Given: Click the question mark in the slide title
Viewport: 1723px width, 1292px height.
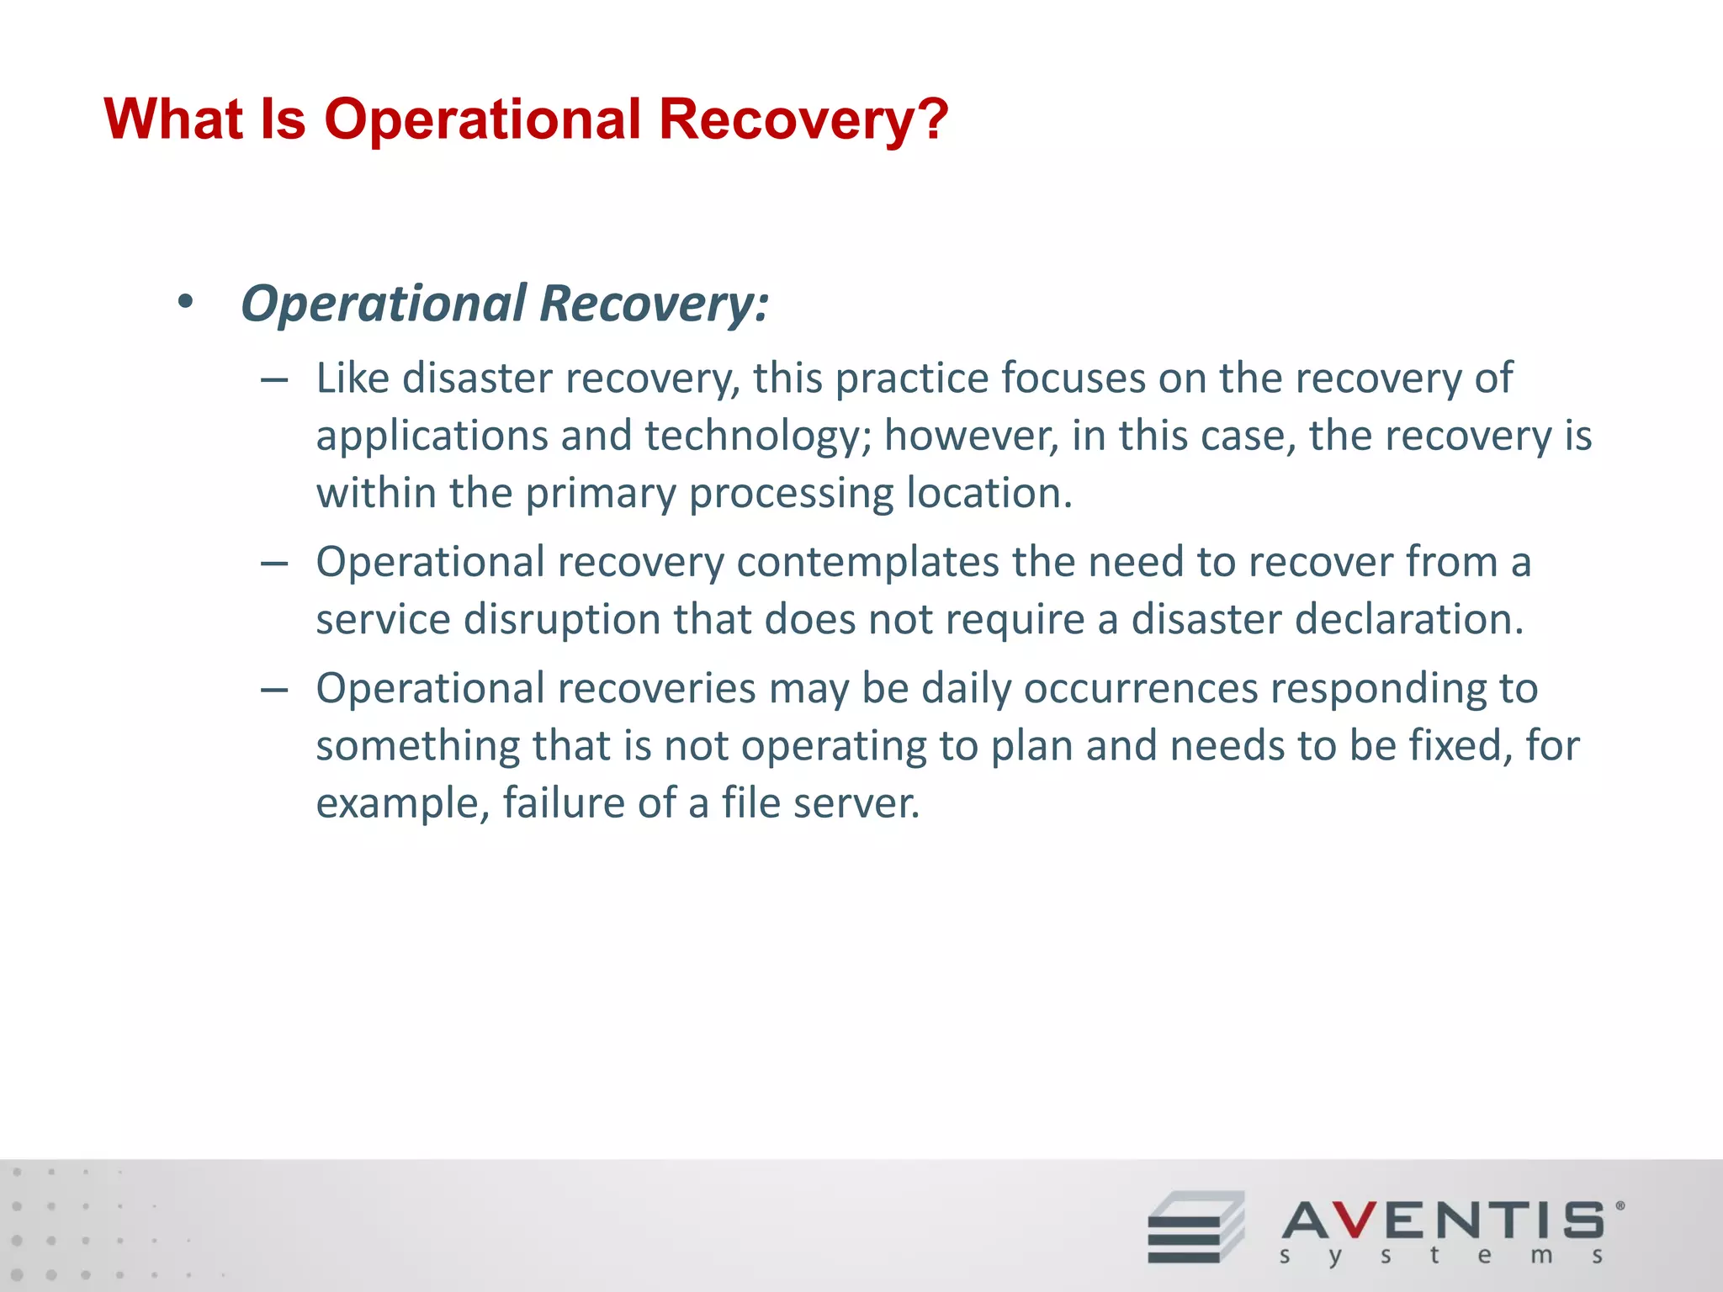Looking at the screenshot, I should (x=931, y=119).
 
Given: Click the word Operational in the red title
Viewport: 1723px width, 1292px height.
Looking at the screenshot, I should (x=483, y=119).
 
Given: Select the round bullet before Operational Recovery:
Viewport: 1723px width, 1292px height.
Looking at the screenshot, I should (x=186, y=303).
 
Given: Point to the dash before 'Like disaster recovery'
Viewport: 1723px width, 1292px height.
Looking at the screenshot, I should (x=274, y=381).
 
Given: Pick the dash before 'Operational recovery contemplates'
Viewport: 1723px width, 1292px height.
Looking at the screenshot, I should (x=274, y=564).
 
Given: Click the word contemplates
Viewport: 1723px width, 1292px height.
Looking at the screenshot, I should (x=868, y=563).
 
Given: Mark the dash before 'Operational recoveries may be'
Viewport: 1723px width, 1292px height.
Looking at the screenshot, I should (x=274, y=691).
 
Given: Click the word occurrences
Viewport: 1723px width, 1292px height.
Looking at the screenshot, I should (x=1140, y=689).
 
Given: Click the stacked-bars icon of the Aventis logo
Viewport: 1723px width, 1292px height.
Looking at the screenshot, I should (x=1195, y=1227).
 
